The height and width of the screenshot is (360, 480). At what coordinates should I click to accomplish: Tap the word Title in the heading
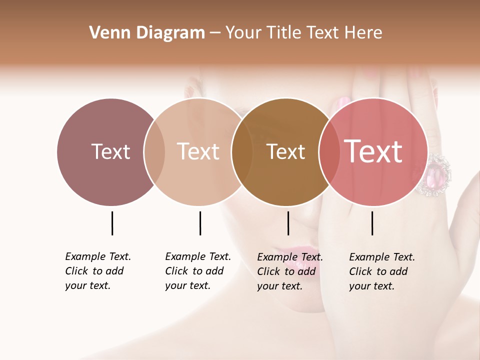pos(283,33)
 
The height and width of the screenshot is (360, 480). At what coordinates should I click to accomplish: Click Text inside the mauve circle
pos(110,151)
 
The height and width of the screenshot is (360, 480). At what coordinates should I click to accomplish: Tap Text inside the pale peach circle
pos(198,151)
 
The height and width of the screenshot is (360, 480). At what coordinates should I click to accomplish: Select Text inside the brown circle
pos(286,152)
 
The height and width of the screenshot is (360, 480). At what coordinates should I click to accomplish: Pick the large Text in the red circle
pos(373,151)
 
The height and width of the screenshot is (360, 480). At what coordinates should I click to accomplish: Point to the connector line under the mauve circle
pos(112,223)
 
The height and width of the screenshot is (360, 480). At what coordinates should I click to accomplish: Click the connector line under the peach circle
pos(200,223)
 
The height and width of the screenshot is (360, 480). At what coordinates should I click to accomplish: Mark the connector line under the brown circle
pos(288,223)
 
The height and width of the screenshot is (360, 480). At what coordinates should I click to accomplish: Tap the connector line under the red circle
pos(372,223)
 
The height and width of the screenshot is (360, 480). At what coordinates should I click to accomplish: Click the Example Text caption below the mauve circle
pos(98,271)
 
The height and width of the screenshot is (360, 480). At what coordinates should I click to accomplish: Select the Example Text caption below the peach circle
pos(198,271)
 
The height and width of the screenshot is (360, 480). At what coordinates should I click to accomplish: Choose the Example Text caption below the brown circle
pos(290,271)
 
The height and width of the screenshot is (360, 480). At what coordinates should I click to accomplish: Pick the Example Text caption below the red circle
pos(382,271)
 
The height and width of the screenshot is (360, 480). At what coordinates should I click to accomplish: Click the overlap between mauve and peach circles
pos(154,151)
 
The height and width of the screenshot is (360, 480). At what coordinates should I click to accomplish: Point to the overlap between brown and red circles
pos(328,151)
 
